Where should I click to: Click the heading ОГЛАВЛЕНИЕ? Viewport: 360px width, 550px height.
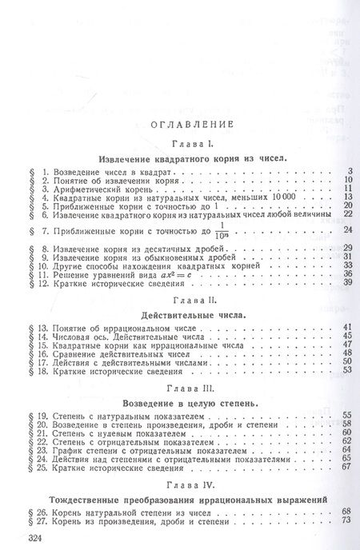click(185, 125)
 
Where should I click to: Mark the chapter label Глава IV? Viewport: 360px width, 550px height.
click(186, 484)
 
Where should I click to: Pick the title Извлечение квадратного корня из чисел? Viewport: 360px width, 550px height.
click(186, 157)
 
